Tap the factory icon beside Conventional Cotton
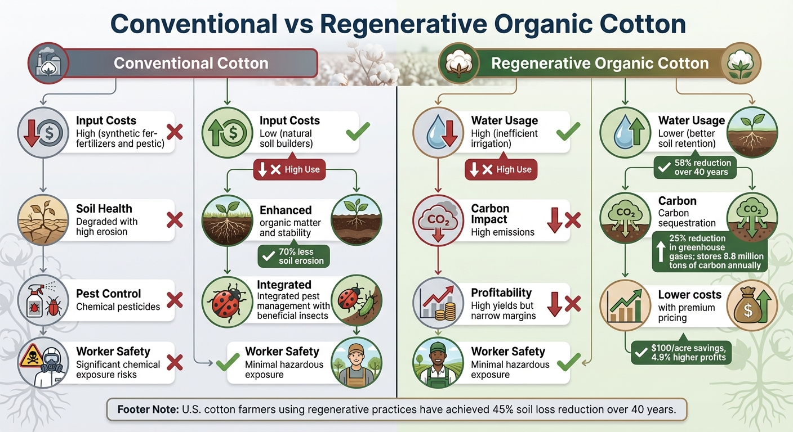pyautogui.click(x=48, y=63)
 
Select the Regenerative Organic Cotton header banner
pyautogui.click(x=599, y=63)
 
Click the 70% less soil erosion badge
pyautogui.click(x=294, y=256)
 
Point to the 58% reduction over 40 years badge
pyautogui.click(x=694, y=167)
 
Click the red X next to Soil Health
pyautogui.click(x=175, y=220)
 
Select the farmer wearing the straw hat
pyautogui.click(x=357, y=363)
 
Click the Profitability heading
pyautogui.click(x=501, y=292)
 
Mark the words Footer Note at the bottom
pyautogui.click(x=147, y=409)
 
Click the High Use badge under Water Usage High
pyautogui.click(x=501, y=169)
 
